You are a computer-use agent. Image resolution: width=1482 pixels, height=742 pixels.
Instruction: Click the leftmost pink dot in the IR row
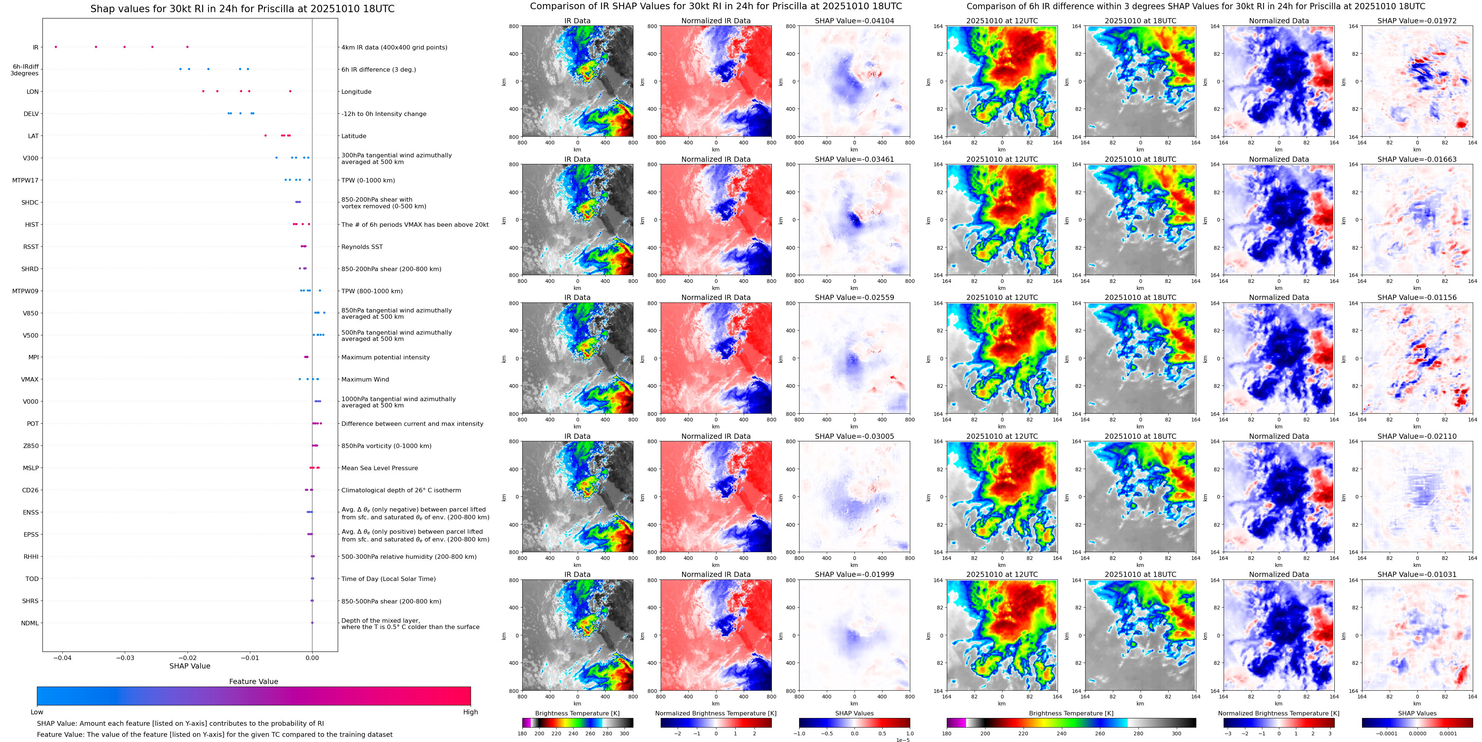[x=56, y=47]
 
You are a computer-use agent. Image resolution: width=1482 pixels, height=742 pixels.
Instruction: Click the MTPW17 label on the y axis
[x=25, y=180]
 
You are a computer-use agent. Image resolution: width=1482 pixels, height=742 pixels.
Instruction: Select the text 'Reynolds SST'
[x=362, y=247]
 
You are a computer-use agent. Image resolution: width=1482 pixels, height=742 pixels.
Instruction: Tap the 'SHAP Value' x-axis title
[x=190, y=666]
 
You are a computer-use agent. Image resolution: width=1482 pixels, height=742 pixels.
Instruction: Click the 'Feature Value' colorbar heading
[x=253, y=681]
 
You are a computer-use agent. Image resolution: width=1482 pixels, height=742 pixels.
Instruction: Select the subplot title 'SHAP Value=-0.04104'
[x=855, y=21]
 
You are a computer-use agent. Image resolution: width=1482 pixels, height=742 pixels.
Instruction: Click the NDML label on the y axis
[x=30, y=623]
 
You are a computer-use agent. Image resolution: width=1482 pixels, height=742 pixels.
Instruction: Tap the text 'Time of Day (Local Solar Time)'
[x=388, y=579]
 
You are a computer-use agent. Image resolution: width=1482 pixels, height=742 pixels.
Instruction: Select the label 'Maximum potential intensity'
[x=385, y=358]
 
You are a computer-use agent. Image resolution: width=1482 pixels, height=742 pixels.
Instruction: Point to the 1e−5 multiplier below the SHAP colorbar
[x=902, y=740]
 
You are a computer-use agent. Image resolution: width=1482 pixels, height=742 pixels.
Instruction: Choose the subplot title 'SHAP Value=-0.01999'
[x=855, y=574]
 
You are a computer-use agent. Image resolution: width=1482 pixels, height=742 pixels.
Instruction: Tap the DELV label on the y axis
[x=31, y=114]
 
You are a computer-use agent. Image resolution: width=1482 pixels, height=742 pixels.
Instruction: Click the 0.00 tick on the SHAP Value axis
[x=312, y=657]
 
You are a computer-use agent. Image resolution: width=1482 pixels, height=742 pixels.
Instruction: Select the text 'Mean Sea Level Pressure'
[x=380, y=468]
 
